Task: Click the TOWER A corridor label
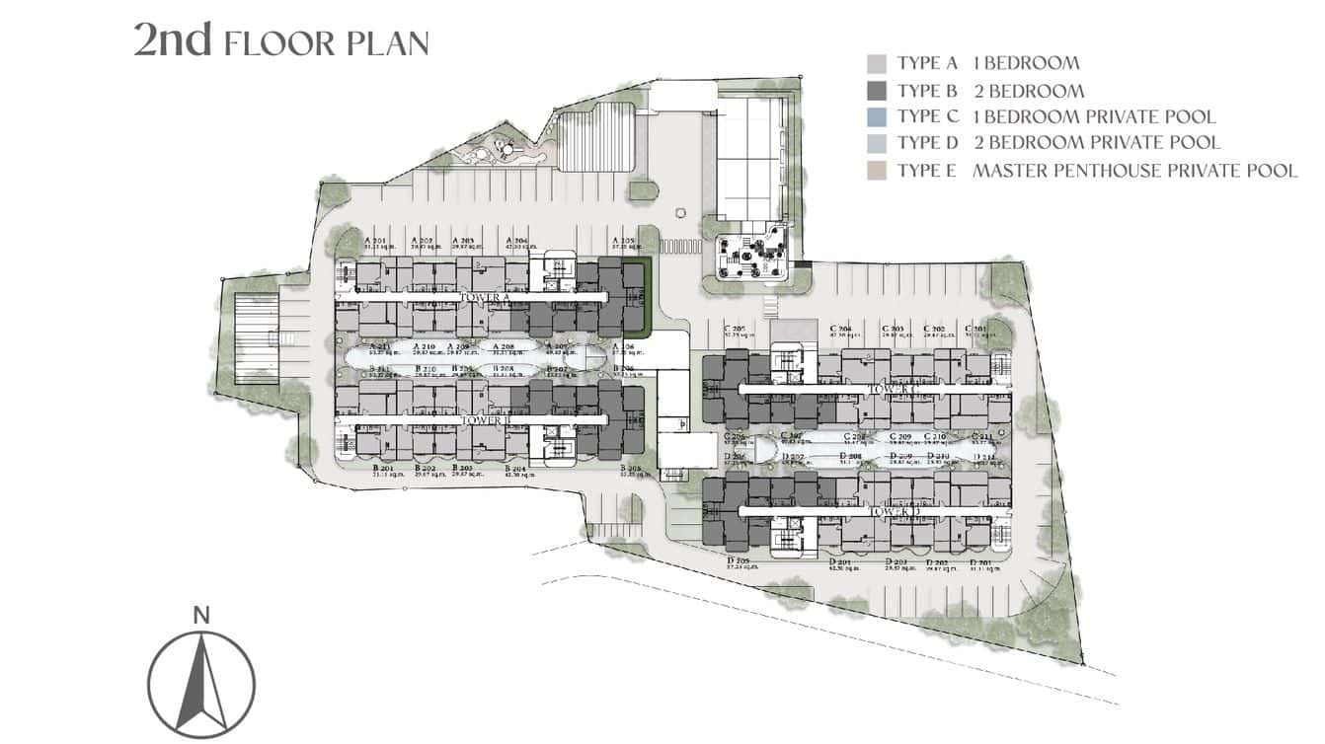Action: coord(483,296)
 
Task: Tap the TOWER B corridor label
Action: coord(483,419)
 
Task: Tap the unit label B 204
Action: coord(516,471)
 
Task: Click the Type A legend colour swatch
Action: coord(877,64)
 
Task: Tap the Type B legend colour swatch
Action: coord(877,92)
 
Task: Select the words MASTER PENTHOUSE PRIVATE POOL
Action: coord(1134,171)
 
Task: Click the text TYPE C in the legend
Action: coord(927,116)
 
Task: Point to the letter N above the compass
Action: coord(201,616)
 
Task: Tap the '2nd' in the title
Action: coord(173,40)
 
